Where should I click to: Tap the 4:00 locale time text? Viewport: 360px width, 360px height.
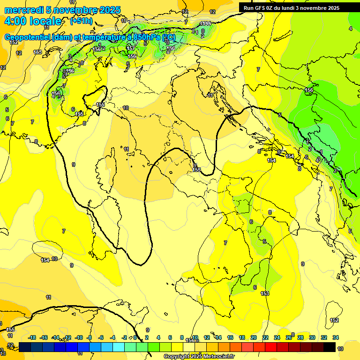(x=33, y=21)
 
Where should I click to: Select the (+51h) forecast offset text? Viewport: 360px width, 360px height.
(x=81, y=21)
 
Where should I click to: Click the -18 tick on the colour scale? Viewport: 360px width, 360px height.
(x=32, y=337)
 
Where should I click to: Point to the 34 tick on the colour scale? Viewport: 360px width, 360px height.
(x=336, y=337)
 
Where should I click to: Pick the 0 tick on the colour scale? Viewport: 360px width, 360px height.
(x=135, y=337)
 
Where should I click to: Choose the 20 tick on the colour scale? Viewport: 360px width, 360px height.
(x=254, y=337)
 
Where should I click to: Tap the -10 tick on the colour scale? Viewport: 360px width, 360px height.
(x=79, y=337)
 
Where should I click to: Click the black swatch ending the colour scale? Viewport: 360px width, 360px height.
(x=330, y=347)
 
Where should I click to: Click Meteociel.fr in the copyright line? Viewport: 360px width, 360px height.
(x=215, y=356)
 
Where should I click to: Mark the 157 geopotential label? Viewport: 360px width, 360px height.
(x=131, y=48)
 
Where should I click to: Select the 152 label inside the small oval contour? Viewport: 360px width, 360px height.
(x=334, y=320)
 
